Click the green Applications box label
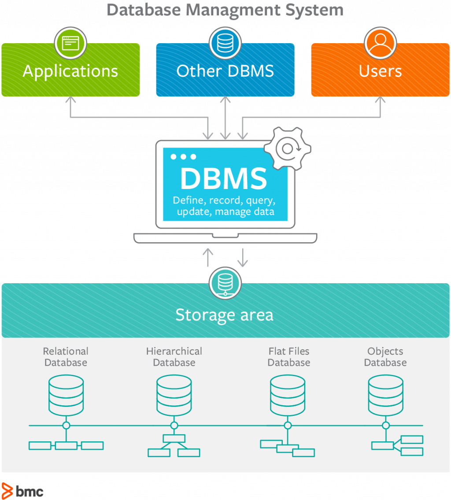click(70, 71)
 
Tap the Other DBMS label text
click(225, 71)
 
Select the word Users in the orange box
click(380, 71)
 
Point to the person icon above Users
click(381, 43)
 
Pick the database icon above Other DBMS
click(225, 43)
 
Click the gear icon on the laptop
click(287, 149)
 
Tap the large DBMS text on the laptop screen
click(224, 178)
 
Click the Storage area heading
click(225, 315)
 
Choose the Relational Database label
click(66, 357)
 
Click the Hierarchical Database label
click(174, 357)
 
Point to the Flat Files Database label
click(289, 357)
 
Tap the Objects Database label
click(385, 357)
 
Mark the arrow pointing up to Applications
click(70, 108)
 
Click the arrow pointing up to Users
click(380, 108)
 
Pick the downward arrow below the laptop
click(242, 257)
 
